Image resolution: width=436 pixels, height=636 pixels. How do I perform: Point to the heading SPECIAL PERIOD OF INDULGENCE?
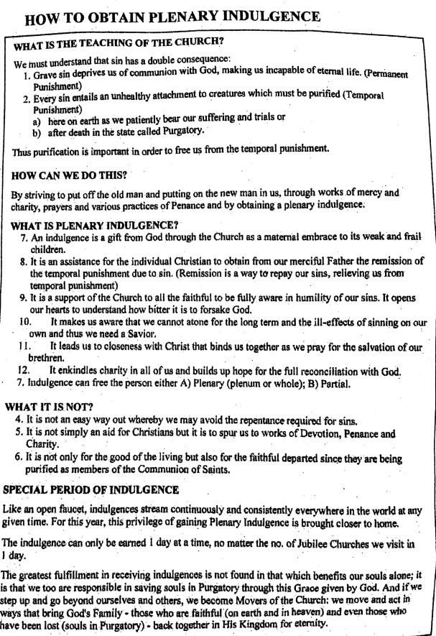tap(91, 489)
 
